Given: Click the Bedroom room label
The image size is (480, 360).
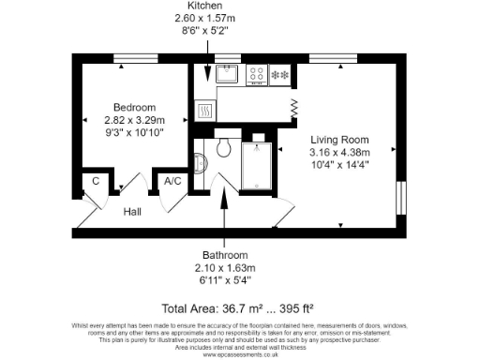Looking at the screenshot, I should point(134,107).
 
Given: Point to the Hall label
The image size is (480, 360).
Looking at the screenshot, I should point(133,212).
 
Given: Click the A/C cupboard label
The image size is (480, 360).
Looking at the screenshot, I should point(172,181).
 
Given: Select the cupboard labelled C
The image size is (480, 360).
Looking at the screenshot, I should point(96,181).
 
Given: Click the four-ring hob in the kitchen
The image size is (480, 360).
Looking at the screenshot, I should point(255,74).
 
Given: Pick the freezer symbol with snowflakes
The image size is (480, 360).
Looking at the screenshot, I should point(279,74).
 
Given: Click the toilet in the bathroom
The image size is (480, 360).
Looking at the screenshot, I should point(222,148).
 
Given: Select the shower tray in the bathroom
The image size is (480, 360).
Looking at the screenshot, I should point(257,166).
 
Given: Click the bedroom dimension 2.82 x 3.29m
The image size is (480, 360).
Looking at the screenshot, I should point(134,120).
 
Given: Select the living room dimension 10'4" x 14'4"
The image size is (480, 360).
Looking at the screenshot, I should point(339,166).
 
